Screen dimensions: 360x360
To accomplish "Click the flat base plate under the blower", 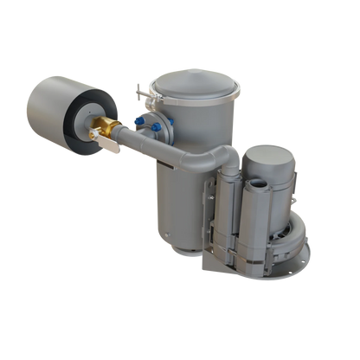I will pos(260,265).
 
